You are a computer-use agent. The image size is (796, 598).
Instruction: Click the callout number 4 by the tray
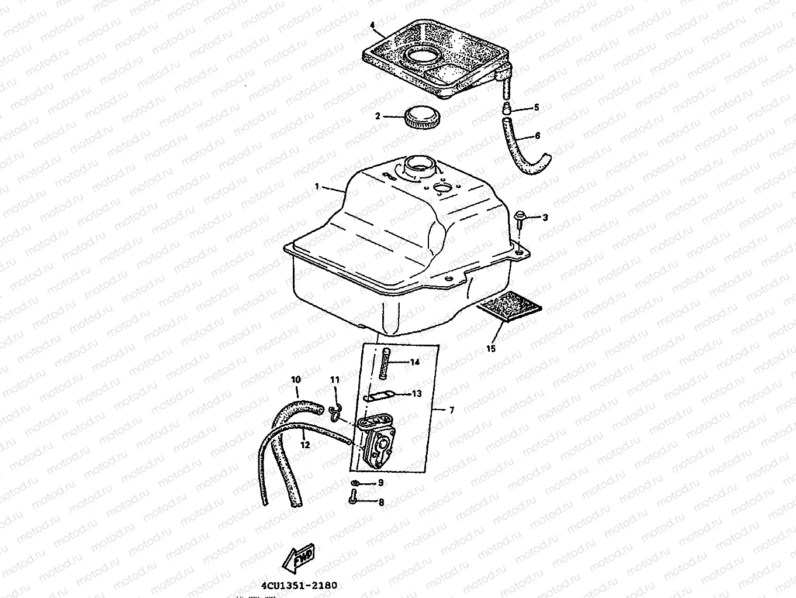click(372, 25)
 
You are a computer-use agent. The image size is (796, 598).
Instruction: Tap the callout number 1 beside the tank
click(317, 187)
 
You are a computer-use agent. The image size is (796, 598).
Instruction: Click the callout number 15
click(491, 349)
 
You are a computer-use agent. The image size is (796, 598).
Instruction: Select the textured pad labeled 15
click(508, 307)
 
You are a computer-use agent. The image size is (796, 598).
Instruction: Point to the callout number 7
click(451, 410)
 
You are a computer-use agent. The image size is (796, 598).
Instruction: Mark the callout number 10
click(296, 380)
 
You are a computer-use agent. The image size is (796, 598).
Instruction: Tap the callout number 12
click(305, 445)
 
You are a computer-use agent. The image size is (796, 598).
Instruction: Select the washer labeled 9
click(356, 483)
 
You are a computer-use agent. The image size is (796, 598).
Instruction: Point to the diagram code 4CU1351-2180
click(299, 585)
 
